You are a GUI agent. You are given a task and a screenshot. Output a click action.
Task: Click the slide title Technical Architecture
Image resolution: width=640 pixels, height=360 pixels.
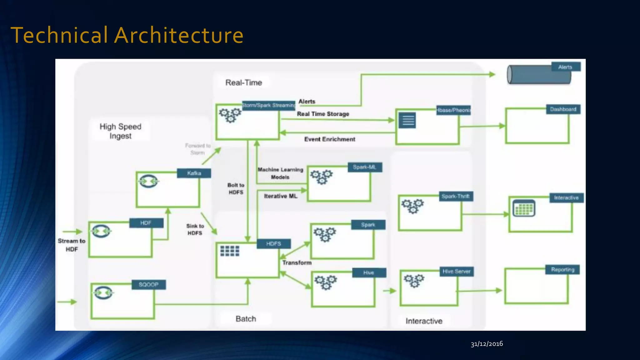click(127, 35)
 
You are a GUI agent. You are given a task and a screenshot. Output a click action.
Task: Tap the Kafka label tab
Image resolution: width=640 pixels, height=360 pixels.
click(194, 173)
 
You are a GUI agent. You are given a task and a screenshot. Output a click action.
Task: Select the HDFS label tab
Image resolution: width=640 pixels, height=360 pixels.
click(273, 244)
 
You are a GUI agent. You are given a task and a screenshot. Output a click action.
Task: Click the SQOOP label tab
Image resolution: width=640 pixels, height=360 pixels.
click(148, 285)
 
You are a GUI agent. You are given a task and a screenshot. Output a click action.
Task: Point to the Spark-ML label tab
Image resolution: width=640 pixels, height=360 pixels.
click(364, 167)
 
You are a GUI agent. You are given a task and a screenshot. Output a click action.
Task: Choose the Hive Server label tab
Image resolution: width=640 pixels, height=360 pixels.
click(456, 272)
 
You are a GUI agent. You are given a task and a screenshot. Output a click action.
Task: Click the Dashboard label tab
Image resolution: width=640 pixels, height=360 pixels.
click(563, 109)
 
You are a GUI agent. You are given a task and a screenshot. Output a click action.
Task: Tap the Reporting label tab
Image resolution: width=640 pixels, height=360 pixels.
click(562, 270)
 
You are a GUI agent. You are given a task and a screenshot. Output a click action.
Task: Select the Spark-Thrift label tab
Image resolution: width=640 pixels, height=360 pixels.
click(455, 197)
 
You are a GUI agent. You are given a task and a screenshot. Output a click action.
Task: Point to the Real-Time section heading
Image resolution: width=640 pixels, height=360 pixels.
click(244, 83)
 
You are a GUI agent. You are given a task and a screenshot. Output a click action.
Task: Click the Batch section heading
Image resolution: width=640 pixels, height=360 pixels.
click(246, 319)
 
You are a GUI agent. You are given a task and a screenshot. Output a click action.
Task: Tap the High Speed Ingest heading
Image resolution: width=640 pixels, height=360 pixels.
click(120, 131)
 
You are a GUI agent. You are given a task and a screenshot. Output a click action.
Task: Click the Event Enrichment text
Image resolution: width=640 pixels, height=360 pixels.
click(330, 139)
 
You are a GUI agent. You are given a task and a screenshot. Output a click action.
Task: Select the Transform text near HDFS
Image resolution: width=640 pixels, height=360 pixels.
click(297, 263)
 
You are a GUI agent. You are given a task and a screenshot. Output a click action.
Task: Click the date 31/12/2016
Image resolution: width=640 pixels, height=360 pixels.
click(487, 344)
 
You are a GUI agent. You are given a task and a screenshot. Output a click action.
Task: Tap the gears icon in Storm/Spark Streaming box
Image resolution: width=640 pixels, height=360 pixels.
click(230, 115)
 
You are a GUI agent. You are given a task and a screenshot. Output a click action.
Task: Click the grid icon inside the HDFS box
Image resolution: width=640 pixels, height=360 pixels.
click(230, 251)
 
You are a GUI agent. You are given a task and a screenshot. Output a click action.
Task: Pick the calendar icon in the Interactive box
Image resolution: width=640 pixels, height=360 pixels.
click(524, 208)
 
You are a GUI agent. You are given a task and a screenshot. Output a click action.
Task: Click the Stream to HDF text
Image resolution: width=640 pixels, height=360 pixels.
click(72, 245)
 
